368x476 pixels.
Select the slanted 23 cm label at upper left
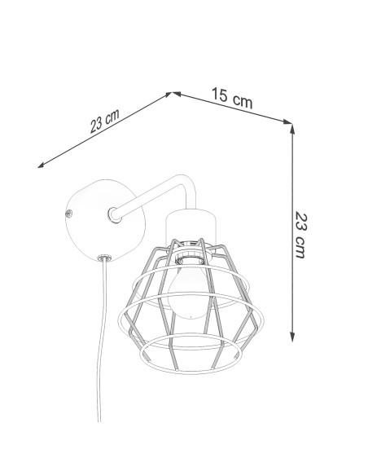click(104, 121)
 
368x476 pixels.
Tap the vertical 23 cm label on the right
click(301, 236)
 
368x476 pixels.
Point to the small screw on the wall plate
click(69, 214)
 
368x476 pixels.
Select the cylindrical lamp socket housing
click(191, 225)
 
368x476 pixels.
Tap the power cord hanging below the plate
click(102, 340)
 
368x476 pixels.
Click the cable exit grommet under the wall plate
click(104, 258)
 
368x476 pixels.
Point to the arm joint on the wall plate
click(115, 214)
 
